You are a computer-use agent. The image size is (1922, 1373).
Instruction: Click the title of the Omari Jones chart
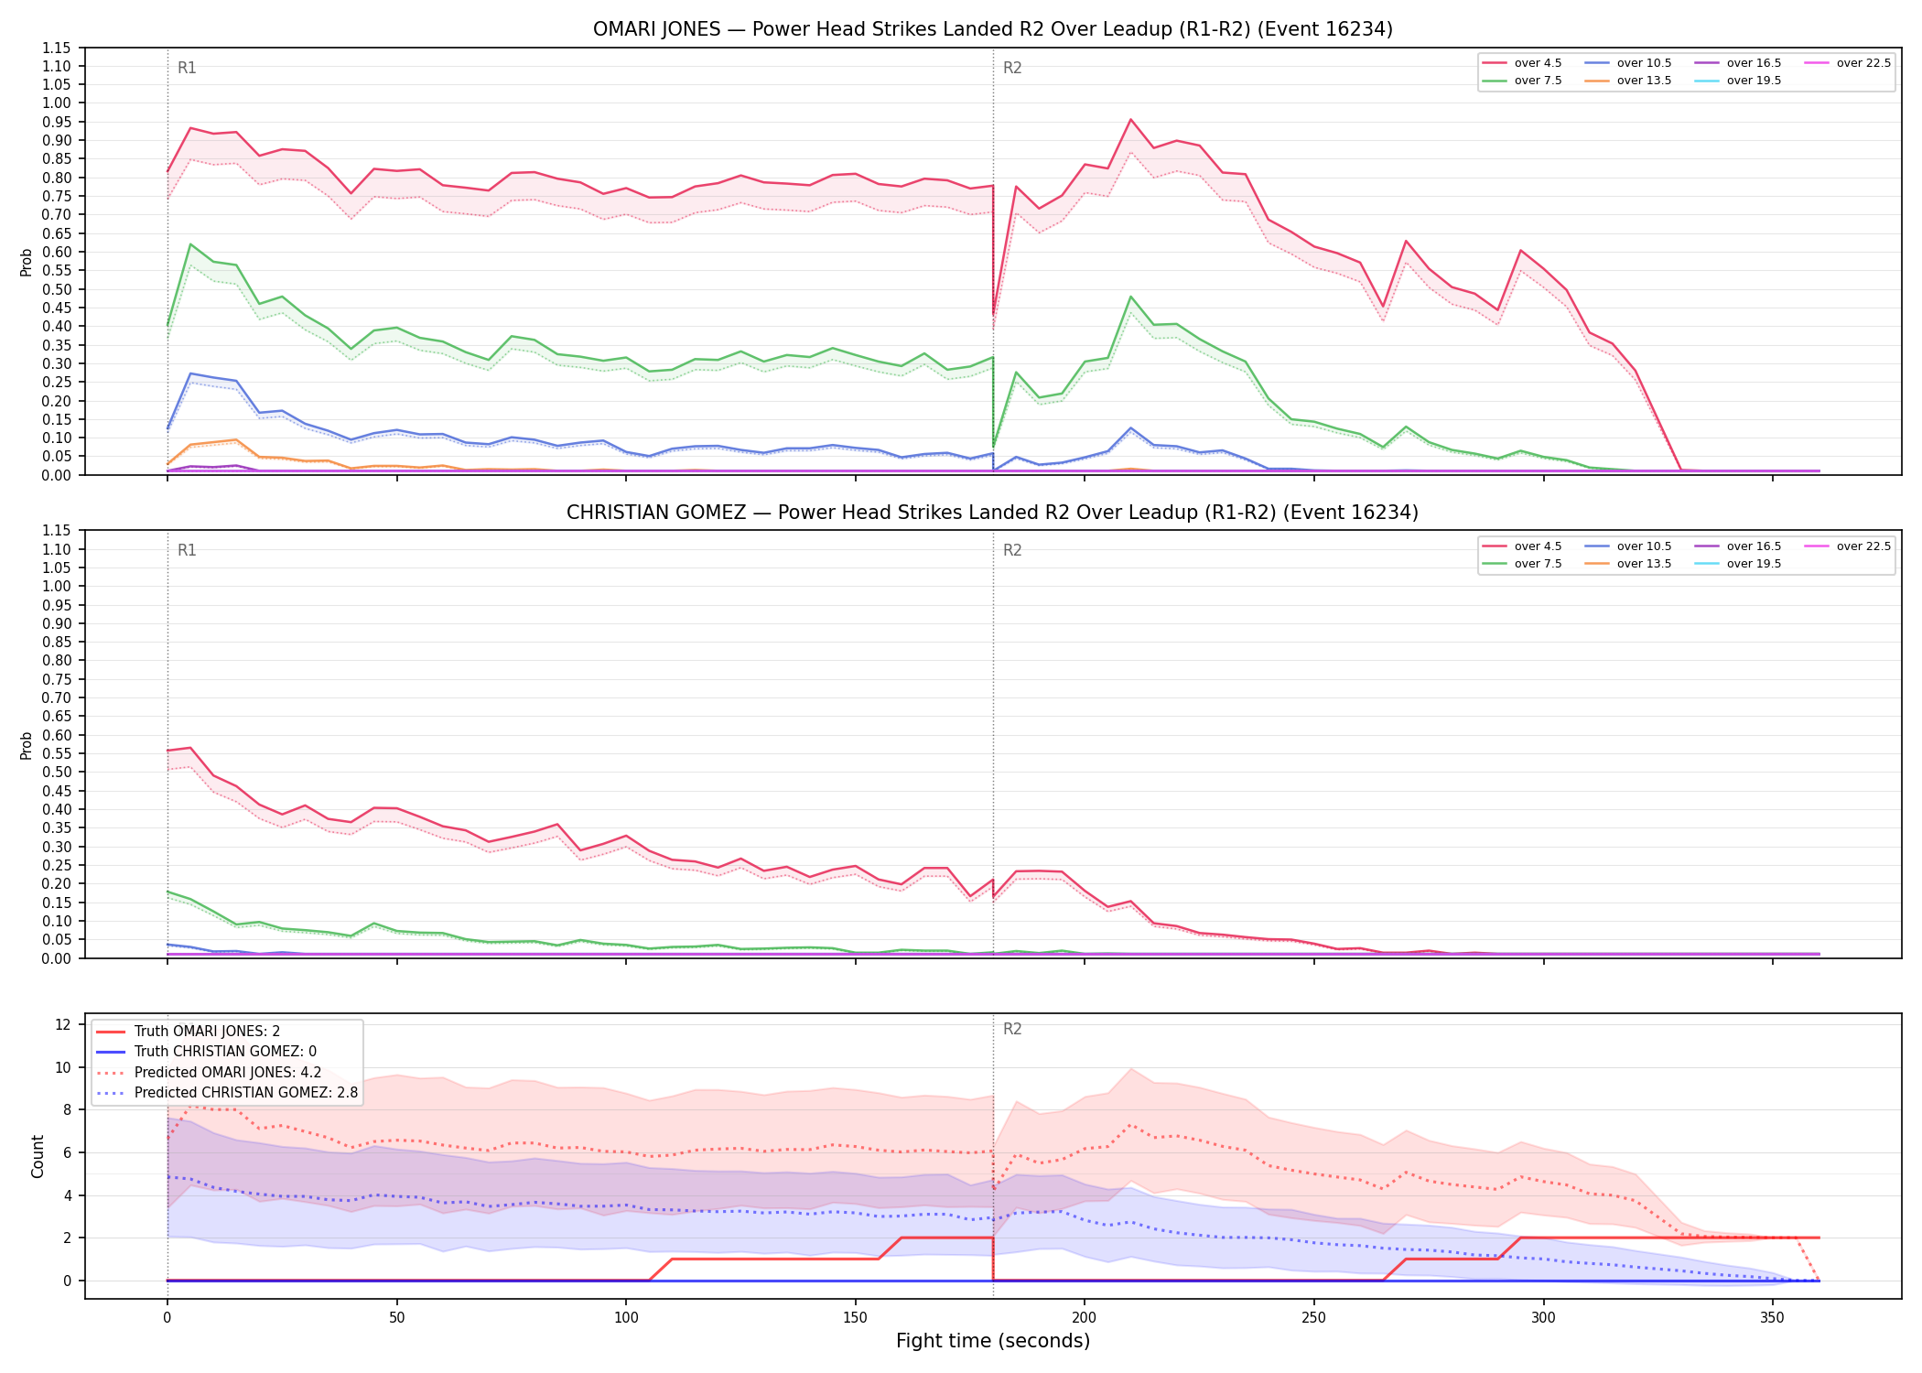(x=993, y=29)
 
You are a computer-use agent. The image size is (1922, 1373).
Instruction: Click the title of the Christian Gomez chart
(x=993, y=513)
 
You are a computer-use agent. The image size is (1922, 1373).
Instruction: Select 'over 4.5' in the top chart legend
(x=1538, y=63)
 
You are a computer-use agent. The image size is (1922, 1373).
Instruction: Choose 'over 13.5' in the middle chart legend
(x=1644, y=564)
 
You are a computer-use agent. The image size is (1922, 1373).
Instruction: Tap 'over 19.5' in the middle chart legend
(x=1754, y=564)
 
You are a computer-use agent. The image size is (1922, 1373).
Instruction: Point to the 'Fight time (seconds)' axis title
(x=993, y=1341)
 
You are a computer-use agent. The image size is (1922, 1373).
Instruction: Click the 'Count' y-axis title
(x=38, y=1156)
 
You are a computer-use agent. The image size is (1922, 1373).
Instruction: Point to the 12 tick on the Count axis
(x=63, y=1024)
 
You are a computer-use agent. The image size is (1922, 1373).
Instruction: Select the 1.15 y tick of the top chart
(x=56, y=48)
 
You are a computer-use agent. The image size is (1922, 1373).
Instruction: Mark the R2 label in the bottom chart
(x=1012, y=1029)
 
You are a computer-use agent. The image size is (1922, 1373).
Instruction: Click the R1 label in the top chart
(x=187, y=68)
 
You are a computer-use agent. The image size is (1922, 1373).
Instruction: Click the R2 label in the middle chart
(x=1012, y=550)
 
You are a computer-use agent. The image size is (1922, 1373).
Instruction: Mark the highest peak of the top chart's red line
(x=1130, y=119)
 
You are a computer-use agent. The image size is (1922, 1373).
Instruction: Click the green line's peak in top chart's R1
(x=189, y=244)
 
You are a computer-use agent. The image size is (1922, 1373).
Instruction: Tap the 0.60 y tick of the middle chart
(x=56, y=735)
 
